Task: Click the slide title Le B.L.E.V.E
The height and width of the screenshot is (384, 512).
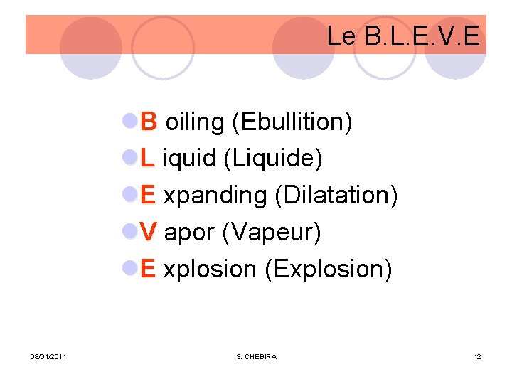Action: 403,36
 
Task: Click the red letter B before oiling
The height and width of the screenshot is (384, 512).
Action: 149,122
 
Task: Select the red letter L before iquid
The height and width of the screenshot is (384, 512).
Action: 147,159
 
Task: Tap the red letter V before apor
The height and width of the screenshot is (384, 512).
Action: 149,232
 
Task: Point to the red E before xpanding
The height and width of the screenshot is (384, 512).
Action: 148,195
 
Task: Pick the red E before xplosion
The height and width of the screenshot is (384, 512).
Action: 148,269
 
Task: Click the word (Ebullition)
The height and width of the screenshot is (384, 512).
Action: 292,122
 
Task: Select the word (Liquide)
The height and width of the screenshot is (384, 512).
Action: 273,159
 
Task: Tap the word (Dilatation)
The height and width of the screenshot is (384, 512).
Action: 336,196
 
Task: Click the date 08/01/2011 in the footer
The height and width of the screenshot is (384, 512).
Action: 48,356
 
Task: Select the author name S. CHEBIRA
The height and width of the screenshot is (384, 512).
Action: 256,356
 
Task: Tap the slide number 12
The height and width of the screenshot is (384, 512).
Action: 477,356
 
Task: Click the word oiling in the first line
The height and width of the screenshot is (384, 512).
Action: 195,122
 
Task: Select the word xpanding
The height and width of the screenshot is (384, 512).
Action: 215,196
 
